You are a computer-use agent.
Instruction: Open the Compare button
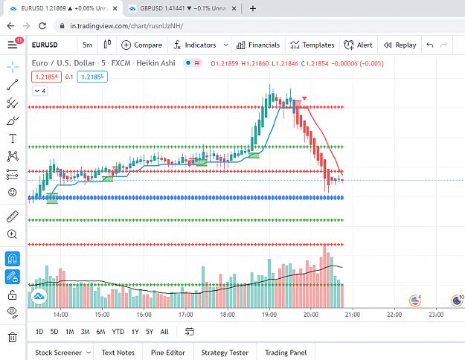[142, 45]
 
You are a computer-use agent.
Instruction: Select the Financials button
[258, 45]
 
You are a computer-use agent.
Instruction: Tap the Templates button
[312, 45]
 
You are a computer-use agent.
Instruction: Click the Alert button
[358, 45]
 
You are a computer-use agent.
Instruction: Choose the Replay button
[400, 45]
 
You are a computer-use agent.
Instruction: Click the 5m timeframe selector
[87, 45]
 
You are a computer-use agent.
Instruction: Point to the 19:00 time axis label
[269, 315]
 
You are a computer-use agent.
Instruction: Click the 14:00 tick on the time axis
[60, 315]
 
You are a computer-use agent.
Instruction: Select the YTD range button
[118, 332]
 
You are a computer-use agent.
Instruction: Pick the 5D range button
[54, 332]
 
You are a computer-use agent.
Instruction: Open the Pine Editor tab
[168, 353]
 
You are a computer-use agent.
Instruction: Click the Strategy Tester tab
[225, 353]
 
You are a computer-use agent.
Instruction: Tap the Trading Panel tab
[286, 353]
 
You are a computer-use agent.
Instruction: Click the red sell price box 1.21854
[46, 77]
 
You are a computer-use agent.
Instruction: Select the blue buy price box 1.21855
[92, 77]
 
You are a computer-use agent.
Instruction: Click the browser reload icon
[42, 26]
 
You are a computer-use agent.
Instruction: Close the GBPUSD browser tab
[234, 9]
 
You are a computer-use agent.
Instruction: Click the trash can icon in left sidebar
[13, 337]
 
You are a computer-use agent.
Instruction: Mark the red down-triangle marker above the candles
[304, 98]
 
